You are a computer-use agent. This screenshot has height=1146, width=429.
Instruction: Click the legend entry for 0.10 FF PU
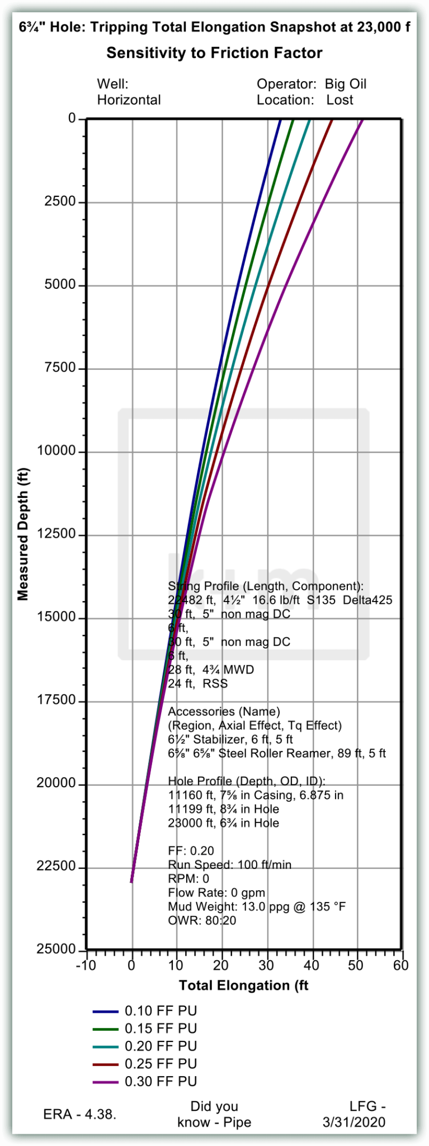point(161,1011)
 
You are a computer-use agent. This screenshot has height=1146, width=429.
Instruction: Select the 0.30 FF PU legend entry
point(161,1081)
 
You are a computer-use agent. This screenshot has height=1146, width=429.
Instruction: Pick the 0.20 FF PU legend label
point(161,1046)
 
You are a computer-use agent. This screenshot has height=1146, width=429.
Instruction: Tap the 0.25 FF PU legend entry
point(161,1063)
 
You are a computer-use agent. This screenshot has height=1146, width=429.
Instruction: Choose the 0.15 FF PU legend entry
point(161,1028)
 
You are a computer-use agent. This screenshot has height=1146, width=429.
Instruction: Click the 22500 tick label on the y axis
point(56,866)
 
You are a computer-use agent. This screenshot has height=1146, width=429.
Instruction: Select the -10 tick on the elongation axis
point(86,965)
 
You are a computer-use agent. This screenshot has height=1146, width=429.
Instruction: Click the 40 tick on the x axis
point(312,965)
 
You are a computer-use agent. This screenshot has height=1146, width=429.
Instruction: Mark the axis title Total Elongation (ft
point(243,985)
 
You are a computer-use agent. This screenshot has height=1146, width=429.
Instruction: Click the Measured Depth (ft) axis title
point(23,534)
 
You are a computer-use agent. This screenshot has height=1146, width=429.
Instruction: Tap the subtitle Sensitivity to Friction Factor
point(214,53)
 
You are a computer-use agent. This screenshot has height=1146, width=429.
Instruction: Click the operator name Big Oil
point(346,84)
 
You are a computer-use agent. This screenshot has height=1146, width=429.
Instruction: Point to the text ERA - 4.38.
point(80,1114)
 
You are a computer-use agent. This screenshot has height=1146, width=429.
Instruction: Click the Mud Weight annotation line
point(257,906)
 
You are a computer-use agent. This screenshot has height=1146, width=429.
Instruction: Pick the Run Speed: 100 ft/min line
point(230,865)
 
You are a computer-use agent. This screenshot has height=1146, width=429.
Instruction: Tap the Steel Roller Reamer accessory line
point(277,753)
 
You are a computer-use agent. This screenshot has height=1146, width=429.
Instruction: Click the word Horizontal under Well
point(129,100)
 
